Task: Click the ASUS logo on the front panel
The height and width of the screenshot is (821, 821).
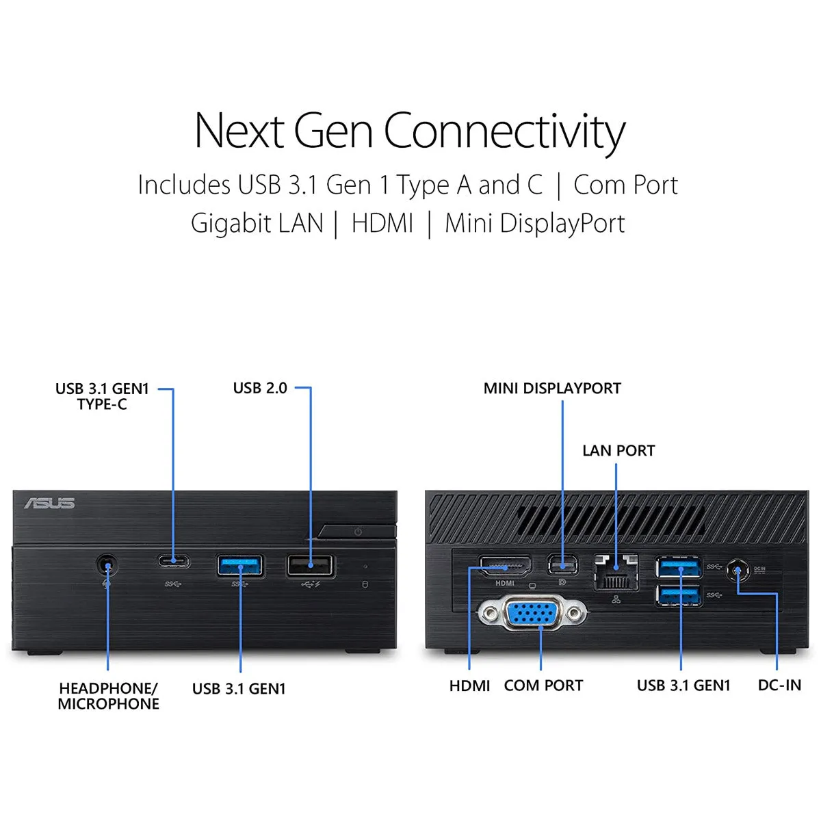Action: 49,503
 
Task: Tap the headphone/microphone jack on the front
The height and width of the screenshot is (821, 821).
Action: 106,566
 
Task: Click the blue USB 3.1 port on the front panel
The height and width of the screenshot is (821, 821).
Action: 239,566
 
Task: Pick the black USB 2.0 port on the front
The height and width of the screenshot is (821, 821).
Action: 310,566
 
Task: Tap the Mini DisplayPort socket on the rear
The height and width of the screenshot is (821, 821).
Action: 562,566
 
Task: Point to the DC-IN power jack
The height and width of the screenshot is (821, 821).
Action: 738,569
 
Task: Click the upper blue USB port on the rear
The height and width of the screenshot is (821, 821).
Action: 679,567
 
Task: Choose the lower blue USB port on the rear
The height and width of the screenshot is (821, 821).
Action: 679,595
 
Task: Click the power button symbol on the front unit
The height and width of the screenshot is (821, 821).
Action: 359,532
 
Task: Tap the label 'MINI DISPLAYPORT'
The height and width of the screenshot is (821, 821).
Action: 552,389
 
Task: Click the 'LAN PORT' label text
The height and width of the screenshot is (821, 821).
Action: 618,451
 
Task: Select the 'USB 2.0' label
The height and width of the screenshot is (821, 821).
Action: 260,388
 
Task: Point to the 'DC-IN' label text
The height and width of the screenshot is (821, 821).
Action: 779,685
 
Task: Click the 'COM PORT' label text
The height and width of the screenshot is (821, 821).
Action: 543,685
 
